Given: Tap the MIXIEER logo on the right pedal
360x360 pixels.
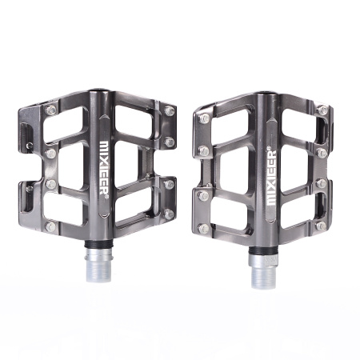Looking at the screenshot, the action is point(271,178).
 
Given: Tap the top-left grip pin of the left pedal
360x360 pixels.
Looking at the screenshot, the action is point(51,110).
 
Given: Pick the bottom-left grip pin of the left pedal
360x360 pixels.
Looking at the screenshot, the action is point(50,226).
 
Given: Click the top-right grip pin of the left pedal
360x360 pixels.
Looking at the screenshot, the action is point(170,110).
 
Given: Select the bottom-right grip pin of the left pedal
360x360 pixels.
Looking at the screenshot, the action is point(169,214).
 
